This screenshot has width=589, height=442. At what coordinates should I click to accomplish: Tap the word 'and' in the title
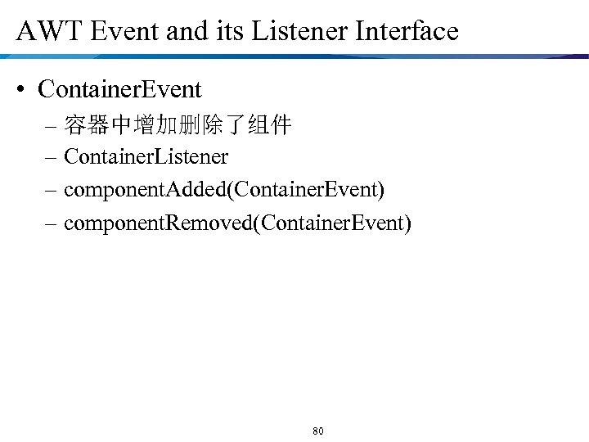coord(185,31)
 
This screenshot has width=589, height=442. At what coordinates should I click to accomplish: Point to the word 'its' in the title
coord(229,31)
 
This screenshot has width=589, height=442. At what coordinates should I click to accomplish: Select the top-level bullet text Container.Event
coord(119,88)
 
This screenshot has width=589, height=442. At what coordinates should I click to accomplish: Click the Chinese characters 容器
coord(87,126)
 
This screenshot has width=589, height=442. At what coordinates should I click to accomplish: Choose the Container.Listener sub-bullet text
coord(146,156)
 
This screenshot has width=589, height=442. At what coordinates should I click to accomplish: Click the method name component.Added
coord(146,189)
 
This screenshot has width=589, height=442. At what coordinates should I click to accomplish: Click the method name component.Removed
coord(157,222)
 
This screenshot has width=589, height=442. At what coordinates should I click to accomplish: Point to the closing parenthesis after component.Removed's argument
coord(407,222)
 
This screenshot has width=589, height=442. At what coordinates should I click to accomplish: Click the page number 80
coord(318,431)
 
